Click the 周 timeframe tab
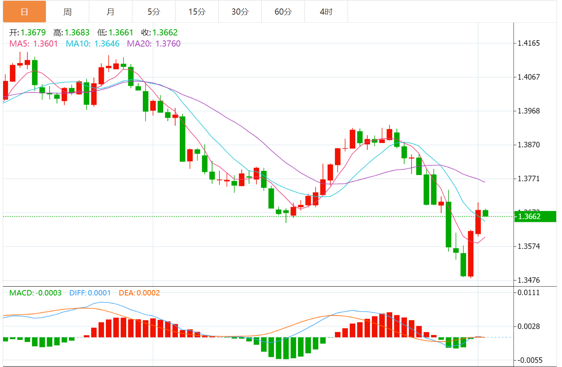click(x=67, y=12)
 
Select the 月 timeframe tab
click(x=110, y=12)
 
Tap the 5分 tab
click(x=154, y=12)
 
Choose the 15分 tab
click(x=197, y=12)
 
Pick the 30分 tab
click(x=240, y=12)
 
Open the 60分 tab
click(x=283, y=12)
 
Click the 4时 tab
click(x=326, y=12)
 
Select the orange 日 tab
click(x=24, y=12)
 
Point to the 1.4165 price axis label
click(x=529, y=43)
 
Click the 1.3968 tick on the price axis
click(x=529, y=111)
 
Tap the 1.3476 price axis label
click(x=529, y=280)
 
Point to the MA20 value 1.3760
click(x=168, y=44)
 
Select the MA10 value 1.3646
click(x=107, y=44)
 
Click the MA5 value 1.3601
click(x=45, y=44)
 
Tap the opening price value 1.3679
click(x=33, y=33)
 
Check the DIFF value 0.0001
click(x=99, y=293)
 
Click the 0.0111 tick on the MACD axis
click(x=529, y=293)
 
